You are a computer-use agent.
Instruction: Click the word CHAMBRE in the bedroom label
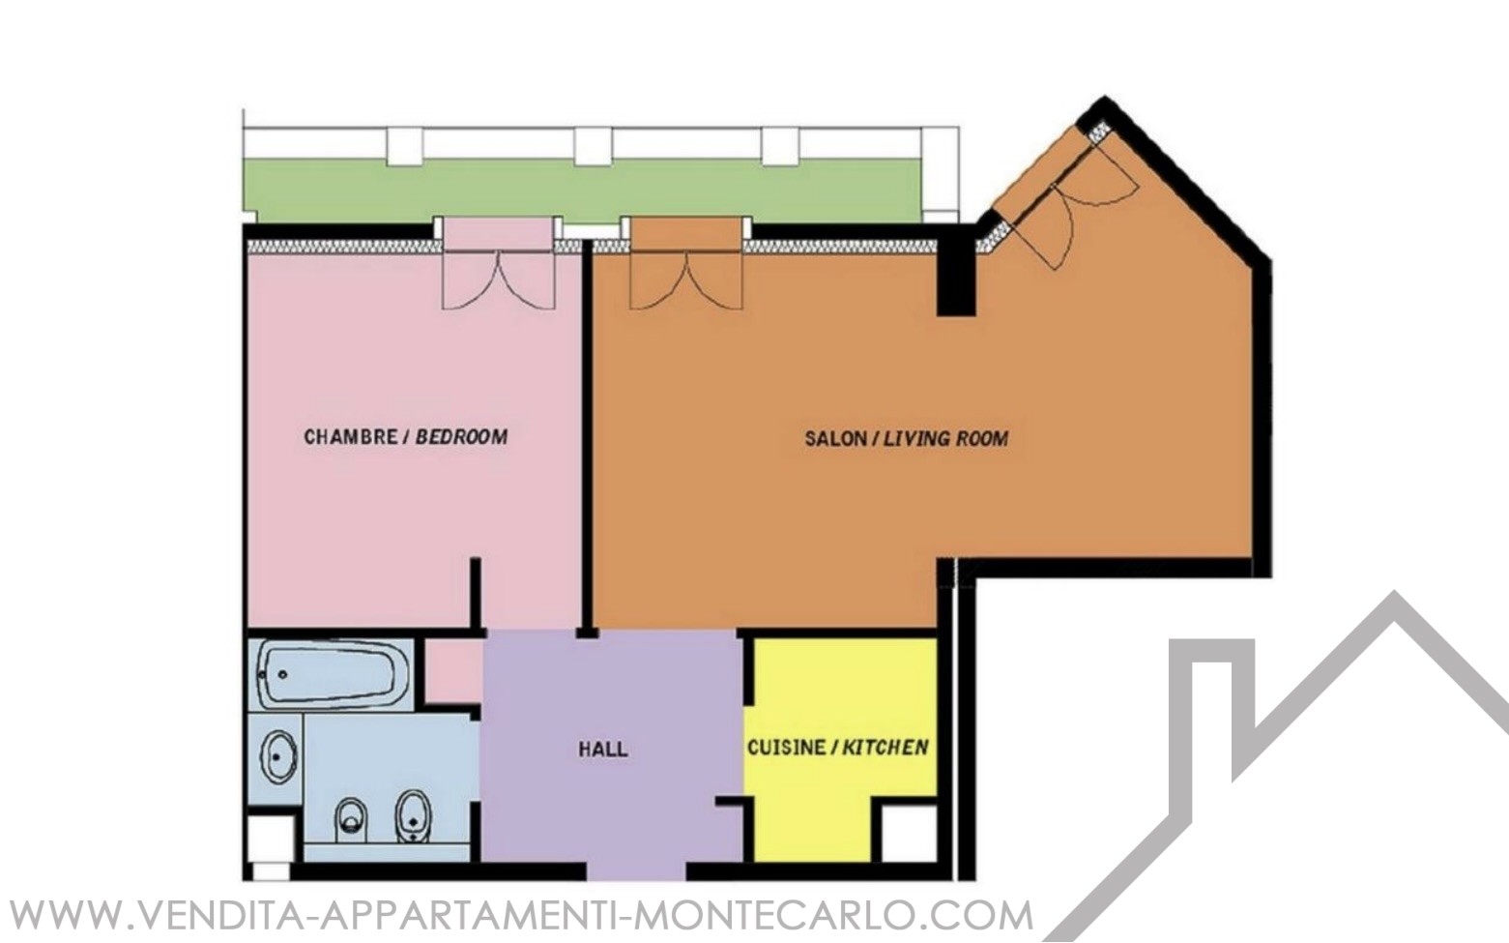[350, 437]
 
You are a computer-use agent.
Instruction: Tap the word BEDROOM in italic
[461, 437]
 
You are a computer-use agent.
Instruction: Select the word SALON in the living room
[835, 439]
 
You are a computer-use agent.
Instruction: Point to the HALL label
[603, 750]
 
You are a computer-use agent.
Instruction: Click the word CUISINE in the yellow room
[786, 748]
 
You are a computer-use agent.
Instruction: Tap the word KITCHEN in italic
[885, 748]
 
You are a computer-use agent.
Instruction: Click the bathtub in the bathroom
[330, 674]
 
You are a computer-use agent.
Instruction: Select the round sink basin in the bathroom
[279, 757]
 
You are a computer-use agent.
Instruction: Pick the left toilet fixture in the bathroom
[351, 819]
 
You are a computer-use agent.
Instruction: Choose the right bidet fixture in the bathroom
[412, 815]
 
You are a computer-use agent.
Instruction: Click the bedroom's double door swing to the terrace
[499, 280]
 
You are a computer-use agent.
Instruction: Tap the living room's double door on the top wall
[686, 280]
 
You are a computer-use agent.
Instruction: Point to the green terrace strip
[582, 192]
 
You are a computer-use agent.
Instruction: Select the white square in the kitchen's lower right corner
[910, 833]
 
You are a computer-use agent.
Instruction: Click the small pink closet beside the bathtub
[452, 670]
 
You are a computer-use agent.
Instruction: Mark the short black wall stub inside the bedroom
[475, 594]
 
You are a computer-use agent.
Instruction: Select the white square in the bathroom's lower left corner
[271, 839]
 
